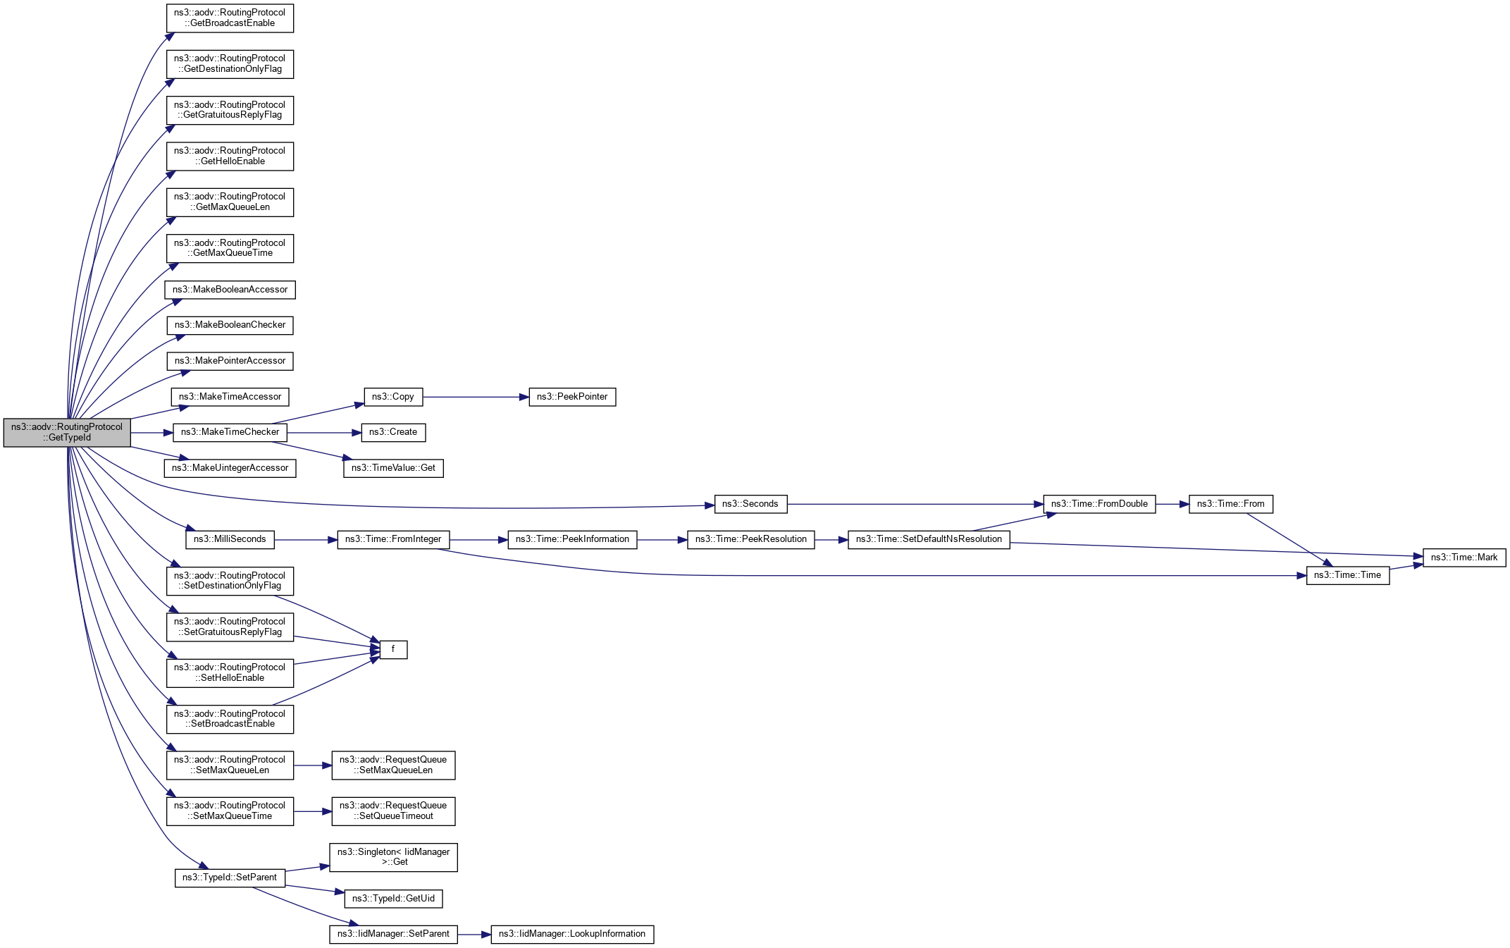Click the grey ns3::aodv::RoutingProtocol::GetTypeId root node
point(67,432)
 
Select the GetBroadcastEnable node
point(230,18)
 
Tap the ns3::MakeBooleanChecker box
point(230,325)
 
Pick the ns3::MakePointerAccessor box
point(230,361)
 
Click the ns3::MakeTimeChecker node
point(230,432)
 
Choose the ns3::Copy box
point(392,397)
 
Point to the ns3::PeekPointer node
point(572,397)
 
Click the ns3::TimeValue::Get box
point(393,468)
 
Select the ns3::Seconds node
point(750,504)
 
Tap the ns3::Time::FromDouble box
point(1099,504)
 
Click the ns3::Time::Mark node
point(1463,558)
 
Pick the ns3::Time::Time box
point(1347,575)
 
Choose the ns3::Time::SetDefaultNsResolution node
point(928,539)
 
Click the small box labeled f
point(393,649)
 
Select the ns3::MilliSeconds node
point(230,539)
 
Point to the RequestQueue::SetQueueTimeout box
point(393,811)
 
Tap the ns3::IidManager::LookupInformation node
point(571,934)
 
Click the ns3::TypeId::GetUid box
point(393,899)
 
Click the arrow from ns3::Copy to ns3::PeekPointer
point(476,397)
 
